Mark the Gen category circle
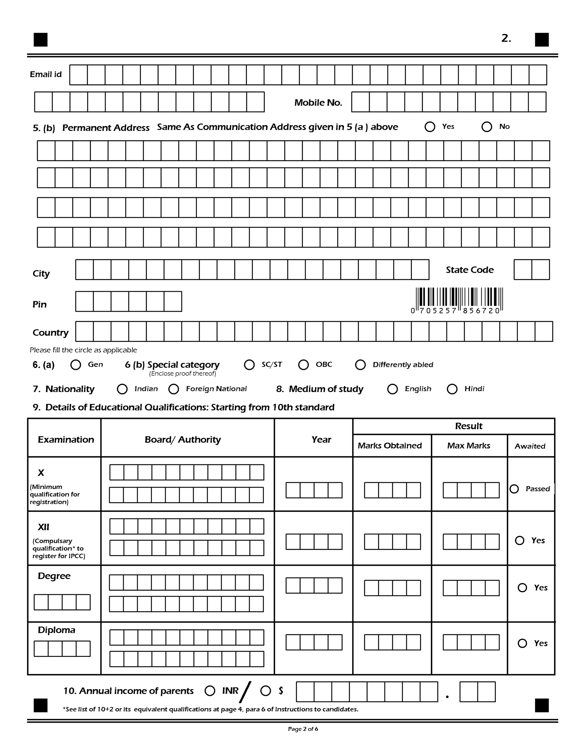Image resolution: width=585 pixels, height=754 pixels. (75, 365)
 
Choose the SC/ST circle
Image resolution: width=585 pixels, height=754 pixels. (249, 365)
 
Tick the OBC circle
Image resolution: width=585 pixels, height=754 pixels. (303, 365)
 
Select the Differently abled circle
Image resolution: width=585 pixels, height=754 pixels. (360, 365)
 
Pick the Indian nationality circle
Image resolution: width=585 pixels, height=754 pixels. (122, 389)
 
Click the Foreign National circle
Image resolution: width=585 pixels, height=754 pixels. (174, 389)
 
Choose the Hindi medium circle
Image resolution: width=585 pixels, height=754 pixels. (452, 389)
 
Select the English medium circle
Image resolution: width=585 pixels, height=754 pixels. (392, 389)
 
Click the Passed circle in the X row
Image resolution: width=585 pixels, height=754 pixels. (514, 489)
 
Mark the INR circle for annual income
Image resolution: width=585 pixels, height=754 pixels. (210, 691)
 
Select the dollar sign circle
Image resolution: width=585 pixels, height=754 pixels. (266, 691)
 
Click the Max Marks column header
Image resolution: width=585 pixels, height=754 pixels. (468, 446)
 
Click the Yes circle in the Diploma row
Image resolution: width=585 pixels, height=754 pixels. (522, 643)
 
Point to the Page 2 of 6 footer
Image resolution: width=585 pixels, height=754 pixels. (303, 729)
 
